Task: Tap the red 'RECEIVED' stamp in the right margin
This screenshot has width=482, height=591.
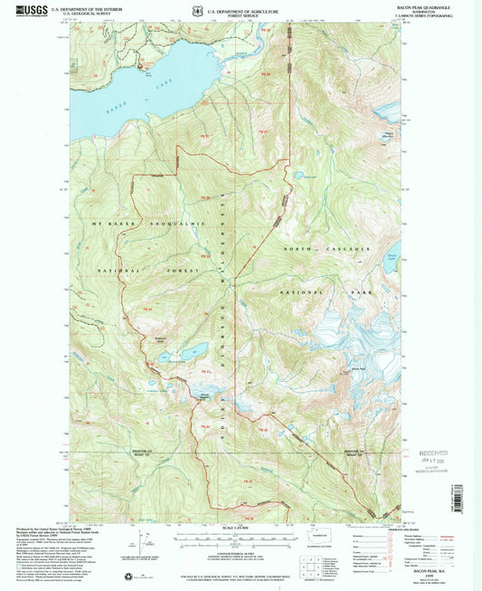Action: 431,450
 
